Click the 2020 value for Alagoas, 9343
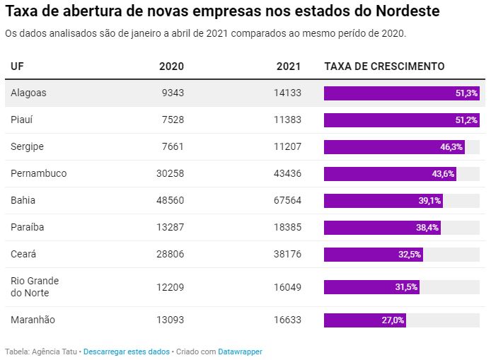pos(173,93)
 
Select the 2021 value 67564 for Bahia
pos(287,200)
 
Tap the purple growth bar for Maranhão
pos(364,320)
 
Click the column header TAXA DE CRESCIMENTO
pos(384,66)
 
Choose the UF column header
pos(17,66)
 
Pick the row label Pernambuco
pos(39,173)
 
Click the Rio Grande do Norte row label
pos(35,286)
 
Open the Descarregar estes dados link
pos(127,351)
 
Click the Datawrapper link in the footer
pos(240,351)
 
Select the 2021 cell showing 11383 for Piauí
pos(287,120)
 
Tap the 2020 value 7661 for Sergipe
pos(173,146)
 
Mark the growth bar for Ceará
pos(373,254)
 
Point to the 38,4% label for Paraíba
pos(427,227)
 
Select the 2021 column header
pos(289,66)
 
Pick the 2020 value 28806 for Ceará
pos(170,254)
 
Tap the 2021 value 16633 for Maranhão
pos(287,320)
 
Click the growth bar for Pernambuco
pos(389,173)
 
